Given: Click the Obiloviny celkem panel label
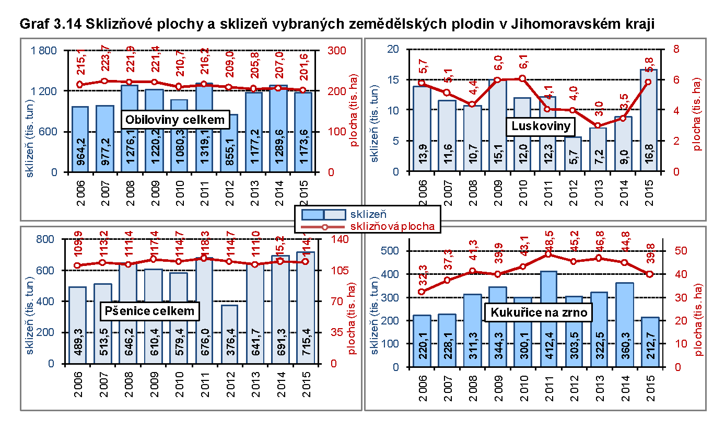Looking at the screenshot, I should pyautogui.click(x=176, y=120).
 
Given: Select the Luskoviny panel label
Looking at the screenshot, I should pyautogui.click(x=541, y=126).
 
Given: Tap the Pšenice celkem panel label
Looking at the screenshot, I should pyautogui.click(x=149, y=311).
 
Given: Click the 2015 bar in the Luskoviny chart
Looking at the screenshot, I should pyautogui.click(x=648, y=120).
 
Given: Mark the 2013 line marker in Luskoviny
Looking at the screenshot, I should pyautogui.click(x=598, y=125).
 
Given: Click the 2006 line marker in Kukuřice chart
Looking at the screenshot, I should pyautogui.click(x=422, y=292).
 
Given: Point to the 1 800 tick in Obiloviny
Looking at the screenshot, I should pyautogui.click(x=46, y=51).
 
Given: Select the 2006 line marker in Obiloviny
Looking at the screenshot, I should pyautogui.click(x=79, y=85).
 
